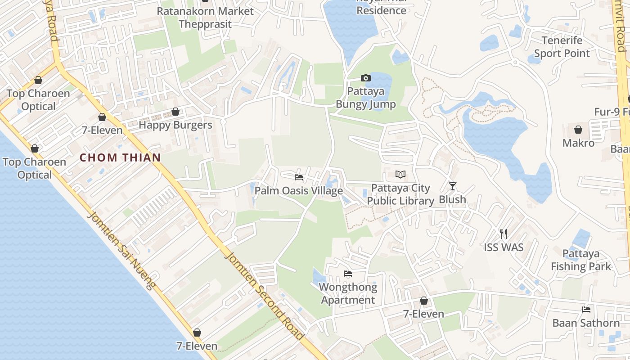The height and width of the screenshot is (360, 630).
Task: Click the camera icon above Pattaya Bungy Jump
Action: point(365,78)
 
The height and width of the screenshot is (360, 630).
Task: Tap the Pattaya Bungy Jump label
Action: point(366,98)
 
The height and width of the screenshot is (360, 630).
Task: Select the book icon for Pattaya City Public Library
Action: point(400,174)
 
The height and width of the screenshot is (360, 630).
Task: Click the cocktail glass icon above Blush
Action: point(453,186)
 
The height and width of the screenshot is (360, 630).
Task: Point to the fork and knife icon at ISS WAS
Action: point(504,234)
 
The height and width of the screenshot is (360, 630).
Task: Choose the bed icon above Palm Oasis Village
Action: point(298,177)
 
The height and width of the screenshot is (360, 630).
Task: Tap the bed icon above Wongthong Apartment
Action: point(347,273)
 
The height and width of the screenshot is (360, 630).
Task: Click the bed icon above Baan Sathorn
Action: point(586,309)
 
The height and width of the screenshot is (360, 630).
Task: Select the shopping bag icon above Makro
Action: point(578,130)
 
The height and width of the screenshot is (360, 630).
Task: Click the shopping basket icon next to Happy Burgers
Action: point(175,112)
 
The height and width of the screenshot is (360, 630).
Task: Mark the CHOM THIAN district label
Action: point(120,157)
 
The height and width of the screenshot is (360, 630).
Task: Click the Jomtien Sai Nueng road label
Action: point(121,250)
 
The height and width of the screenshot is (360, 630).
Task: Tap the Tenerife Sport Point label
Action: point(562,47)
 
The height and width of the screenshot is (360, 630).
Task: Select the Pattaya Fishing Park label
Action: point(581,260)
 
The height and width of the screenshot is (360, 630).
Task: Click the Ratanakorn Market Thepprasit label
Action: point(205,17)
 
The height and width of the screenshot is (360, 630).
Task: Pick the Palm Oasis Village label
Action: point(299,191)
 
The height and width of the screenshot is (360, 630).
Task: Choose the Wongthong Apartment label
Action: point(348,293)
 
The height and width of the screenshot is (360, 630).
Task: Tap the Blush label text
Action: point(452,199)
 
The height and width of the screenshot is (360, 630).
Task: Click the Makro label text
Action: point(578,143)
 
